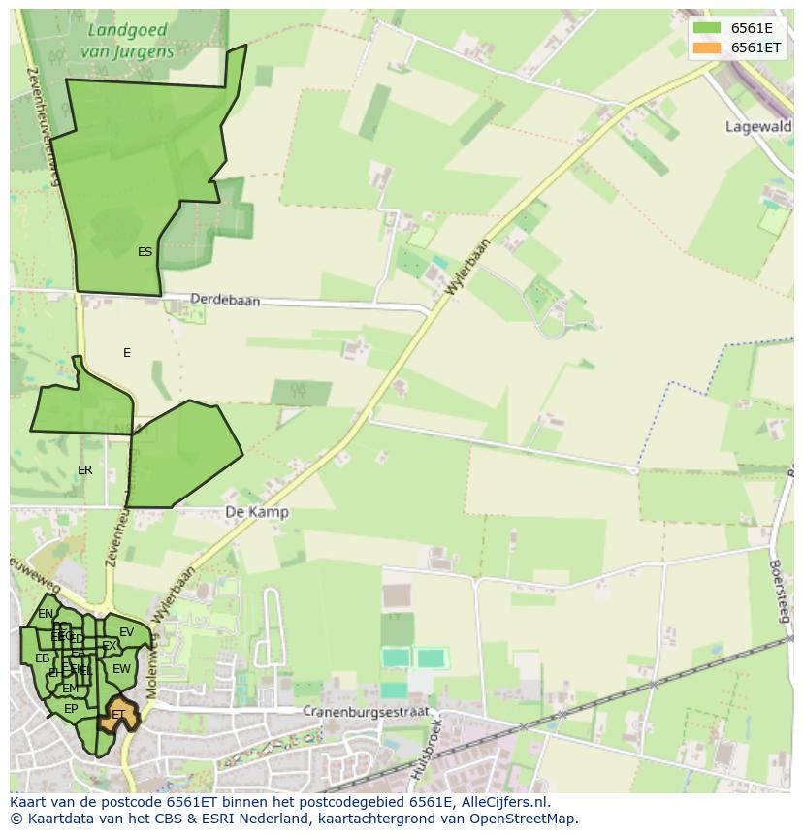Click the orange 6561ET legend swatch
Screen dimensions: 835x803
coord(707,48)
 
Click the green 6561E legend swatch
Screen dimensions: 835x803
coord(707,28)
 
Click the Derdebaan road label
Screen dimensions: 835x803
coord(225,301)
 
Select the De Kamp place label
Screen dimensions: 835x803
coord(256,511)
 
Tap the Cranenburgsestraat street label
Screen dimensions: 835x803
coord(365,711)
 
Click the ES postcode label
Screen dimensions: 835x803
coord(145,252)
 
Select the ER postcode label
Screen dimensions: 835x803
coord(85,470)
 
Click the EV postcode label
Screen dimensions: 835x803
coord(126,632)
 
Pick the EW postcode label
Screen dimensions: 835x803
coord(121,669)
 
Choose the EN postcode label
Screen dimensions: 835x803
coord(46,614)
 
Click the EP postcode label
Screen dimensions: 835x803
coord(71,709)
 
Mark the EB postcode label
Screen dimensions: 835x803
coord(42,658)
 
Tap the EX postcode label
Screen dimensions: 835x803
coord(109,646)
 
